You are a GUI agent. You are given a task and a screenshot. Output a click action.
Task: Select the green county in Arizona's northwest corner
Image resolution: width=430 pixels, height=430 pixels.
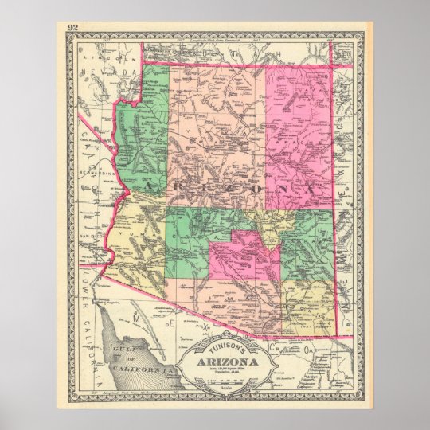tap(143, 127)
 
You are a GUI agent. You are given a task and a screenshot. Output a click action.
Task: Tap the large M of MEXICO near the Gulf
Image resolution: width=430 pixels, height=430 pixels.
tap(136, 317)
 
